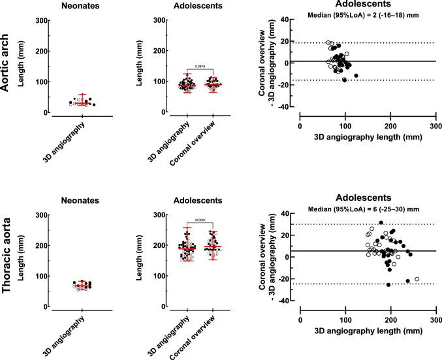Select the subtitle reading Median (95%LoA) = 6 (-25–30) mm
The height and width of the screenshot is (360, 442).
click(362, 209)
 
